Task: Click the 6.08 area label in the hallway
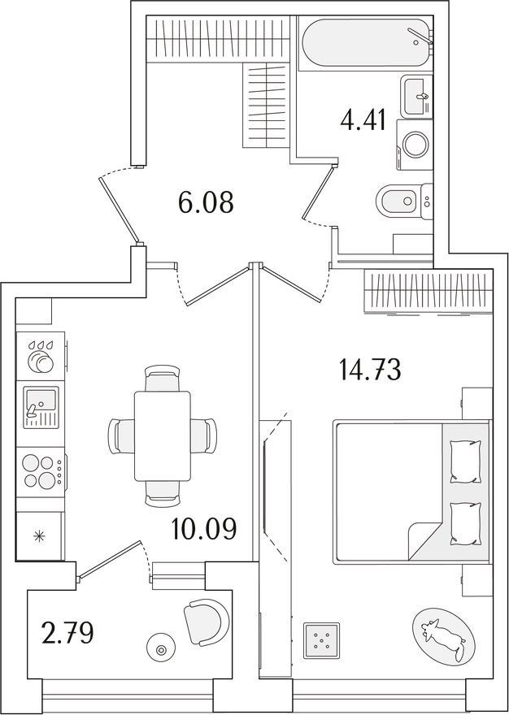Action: coord(207,202)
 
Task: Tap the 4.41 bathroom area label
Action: coord(363,120)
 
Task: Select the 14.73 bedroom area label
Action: coord(370,370)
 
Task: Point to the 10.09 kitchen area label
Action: coord(204,528)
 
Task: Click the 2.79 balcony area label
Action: coord(67,634)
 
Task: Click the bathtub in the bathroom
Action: coord(366,42)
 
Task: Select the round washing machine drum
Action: coord(415,145)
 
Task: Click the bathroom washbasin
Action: coord(416,96)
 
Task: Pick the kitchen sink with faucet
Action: coord(41,407)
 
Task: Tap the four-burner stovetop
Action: coord(41,471)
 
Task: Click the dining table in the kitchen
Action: coord(162,435)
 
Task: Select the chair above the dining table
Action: coord(162,379)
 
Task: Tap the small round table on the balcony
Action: coord(160,650)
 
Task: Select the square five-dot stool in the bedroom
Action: coord(322,641)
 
